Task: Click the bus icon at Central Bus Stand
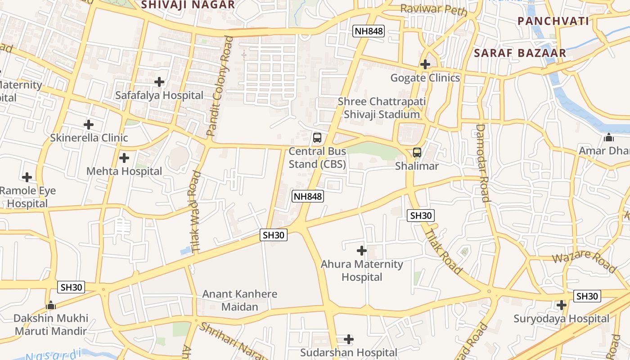click(x=317, y=138)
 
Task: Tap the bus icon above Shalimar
click(x=417, y=153)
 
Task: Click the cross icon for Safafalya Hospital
click(x=159, y=82)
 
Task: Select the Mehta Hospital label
click(x=124, y=171)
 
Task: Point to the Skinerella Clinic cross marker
click(x=89, y=124)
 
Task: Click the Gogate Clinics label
click(x=425, y=78)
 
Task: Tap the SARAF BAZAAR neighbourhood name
click(x=520, y=53)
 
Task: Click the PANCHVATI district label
click(x=553, y=21)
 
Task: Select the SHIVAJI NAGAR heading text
click(x=188, y=5)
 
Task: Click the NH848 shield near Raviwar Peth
click(x=369, y=31)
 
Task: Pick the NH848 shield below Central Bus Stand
click(x=308, y=196)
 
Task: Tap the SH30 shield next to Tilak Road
click(x=421, y=216)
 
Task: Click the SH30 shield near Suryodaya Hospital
click(x=587, y=296)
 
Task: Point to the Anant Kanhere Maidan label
click(x=240, y=300)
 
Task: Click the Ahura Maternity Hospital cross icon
click(x=361, y=250)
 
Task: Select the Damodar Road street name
click(x=482, y=163)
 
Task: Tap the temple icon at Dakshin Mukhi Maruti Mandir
click(x=51, y=305)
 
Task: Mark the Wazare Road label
click(x=583, y=262)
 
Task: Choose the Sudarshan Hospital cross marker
click(x=348, y=339)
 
